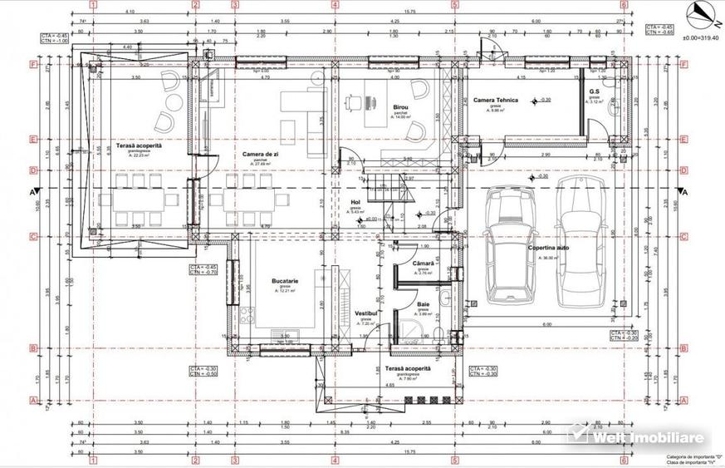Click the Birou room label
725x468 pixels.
(403, 107)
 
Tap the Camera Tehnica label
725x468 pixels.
(496, 100)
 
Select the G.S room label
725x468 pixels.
(595, 91)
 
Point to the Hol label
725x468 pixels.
(355, 201)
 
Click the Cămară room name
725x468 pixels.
(424, 264)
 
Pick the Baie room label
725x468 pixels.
(423, 307)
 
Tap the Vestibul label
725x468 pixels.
(366, 313)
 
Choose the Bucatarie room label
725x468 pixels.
(285, 282)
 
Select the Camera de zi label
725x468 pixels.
(259, 154)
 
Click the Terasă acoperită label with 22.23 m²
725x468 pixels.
(138, 145)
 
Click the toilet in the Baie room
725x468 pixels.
(439, 333)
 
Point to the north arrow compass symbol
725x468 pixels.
(698, 12)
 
